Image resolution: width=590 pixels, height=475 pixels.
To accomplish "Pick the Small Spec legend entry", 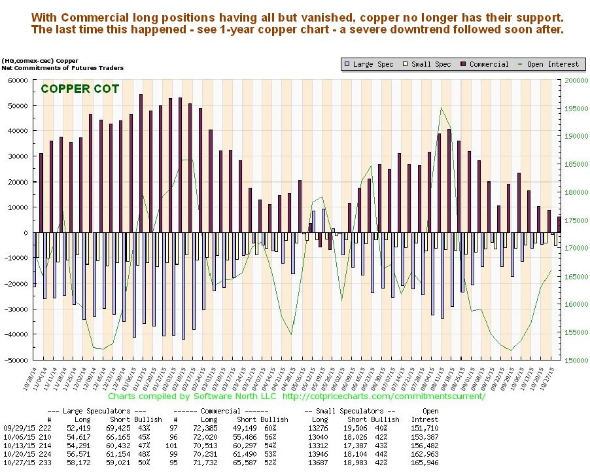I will point(432,64).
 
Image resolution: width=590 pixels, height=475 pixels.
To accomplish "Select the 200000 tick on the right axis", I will point(573,80).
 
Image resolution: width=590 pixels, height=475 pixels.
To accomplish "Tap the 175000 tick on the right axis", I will point(573,220).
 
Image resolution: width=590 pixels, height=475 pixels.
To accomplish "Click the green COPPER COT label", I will point(79,88).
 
